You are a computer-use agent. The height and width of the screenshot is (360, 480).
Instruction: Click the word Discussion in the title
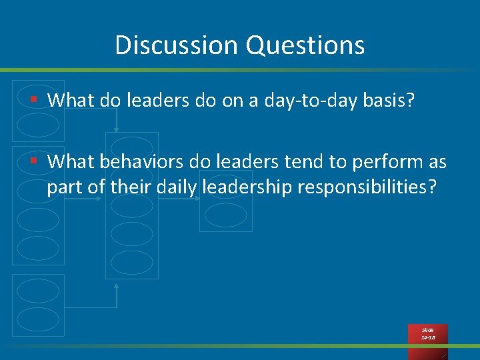pyautogui.click(x=177, y=45)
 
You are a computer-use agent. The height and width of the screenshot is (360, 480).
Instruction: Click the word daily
pyautogui.click(x=177, y=187)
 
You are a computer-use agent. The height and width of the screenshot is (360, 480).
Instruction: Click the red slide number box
pyautogui.click(x=428, y=334)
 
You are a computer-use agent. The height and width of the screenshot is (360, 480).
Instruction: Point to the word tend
pyautogui.click(x=304, y=161)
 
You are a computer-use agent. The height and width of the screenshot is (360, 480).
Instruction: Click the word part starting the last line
pyautogui.click(x=65, y=189)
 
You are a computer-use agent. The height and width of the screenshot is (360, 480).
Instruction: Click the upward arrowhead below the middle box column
pyautogui.click(x=117, y=286)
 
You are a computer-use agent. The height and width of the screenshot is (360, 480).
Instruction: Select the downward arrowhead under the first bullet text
pyautogui.click(x=117, y=129)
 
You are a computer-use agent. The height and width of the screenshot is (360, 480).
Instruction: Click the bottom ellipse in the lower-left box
pyautogui.click(x=37, y=319)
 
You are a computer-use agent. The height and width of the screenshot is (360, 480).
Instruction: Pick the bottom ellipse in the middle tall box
pyautogui.click(x=131, y=262)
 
